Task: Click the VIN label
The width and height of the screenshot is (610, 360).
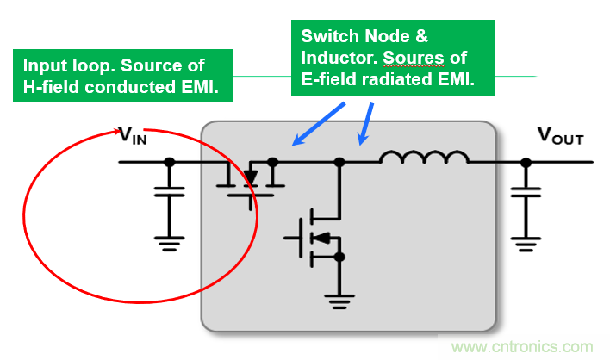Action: coord(134,135)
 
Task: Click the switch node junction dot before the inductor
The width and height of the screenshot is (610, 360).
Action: coord(339,161)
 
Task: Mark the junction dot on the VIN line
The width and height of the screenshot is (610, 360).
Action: coord(170,161)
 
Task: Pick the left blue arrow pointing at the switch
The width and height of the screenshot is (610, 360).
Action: coord(318,122)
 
